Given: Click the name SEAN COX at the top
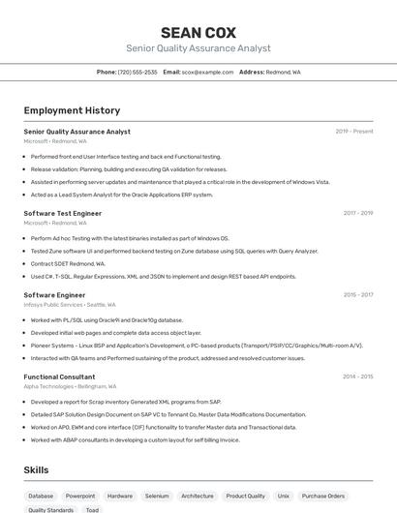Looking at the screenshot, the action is point(198,32).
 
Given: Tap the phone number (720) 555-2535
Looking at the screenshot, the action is point(137,72).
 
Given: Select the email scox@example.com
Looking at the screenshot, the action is point(207,72).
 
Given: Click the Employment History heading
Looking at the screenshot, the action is point(72,111).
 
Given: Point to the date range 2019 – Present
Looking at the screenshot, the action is point(354,132).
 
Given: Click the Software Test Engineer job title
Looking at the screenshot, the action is point(62,213).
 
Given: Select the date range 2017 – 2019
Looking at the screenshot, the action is point(357,213).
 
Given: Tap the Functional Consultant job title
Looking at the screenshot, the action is point(59,377).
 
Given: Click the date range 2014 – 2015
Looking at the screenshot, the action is point(357,377).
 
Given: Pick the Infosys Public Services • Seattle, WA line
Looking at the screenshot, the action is point(73,304).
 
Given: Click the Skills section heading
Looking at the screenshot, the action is point(37,469).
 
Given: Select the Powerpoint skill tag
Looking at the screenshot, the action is point(80,496).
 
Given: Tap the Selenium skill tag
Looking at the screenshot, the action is point(157,496).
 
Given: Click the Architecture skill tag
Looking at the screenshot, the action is point(198,496).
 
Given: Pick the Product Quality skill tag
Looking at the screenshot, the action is point(246,496).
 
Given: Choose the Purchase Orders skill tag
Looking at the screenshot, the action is point(322,496).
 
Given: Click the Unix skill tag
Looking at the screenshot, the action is point(284,496).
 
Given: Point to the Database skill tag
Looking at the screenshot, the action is point(41,496).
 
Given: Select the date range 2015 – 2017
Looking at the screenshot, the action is point(357,295).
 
